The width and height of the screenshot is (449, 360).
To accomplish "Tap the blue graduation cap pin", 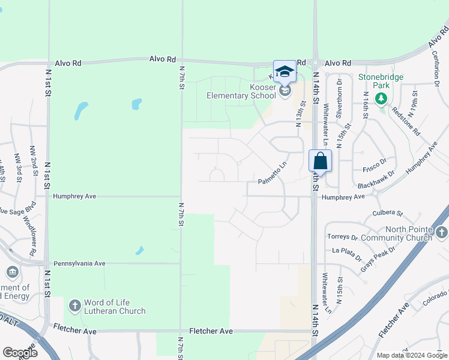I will (285, 71).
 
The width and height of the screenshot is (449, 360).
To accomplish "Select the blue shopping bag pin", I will (320, 160).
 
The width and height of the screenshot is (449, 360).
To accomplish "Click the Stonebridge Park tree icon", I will (381, 98).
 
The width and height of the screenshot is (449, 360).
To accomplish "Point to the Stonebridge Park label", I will (381, 81).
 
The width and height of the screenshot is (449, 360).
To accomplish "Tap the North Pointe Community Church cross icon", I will (442, 232).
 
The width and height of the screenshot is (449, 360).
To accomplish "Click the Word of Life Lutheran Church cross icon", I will (74, 306).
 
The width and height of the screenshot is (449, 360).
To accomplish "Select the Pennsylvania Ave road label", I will (79, 263).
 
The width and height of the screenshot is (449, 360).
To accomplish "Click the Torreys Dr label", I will (342, 237).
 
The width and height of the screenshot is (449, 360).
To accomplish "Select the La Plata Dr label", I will (347, 254).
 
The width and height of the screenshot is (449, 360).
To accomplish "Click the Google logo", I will (20, 353).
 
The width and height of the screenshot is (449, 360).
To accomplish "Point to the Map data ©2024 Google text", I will (412, 355).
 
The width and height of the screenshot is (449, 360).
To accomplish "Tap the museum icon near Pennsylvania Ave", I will (12, 273).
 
